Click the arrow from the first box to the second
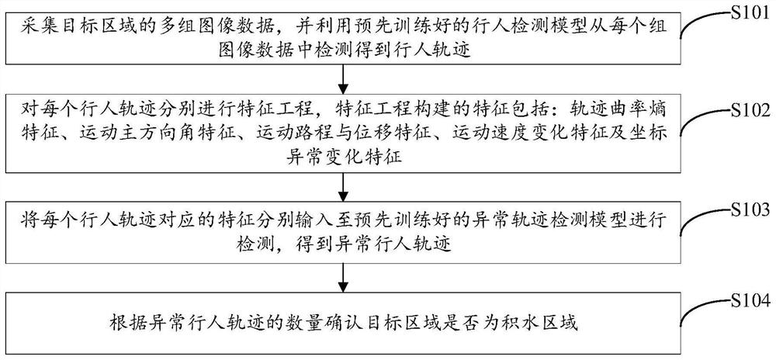pyautogui.click(x=341, y=78)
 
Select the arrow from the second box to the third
pyautogui.click(x=341, y=185)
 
